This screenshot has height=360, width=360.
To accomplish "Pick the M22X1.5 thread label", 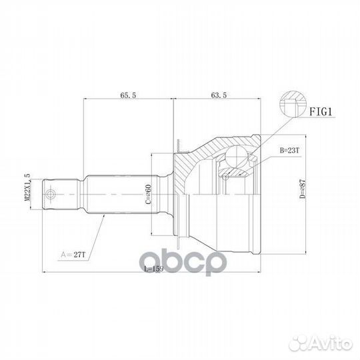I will click(x=28, y=194).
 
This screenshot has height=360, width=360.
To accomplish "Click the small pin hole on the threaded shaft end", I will click(x=51, y=195).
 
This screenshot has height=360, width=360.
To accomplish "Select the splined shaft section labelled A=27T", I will click(x=113, y=195).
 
